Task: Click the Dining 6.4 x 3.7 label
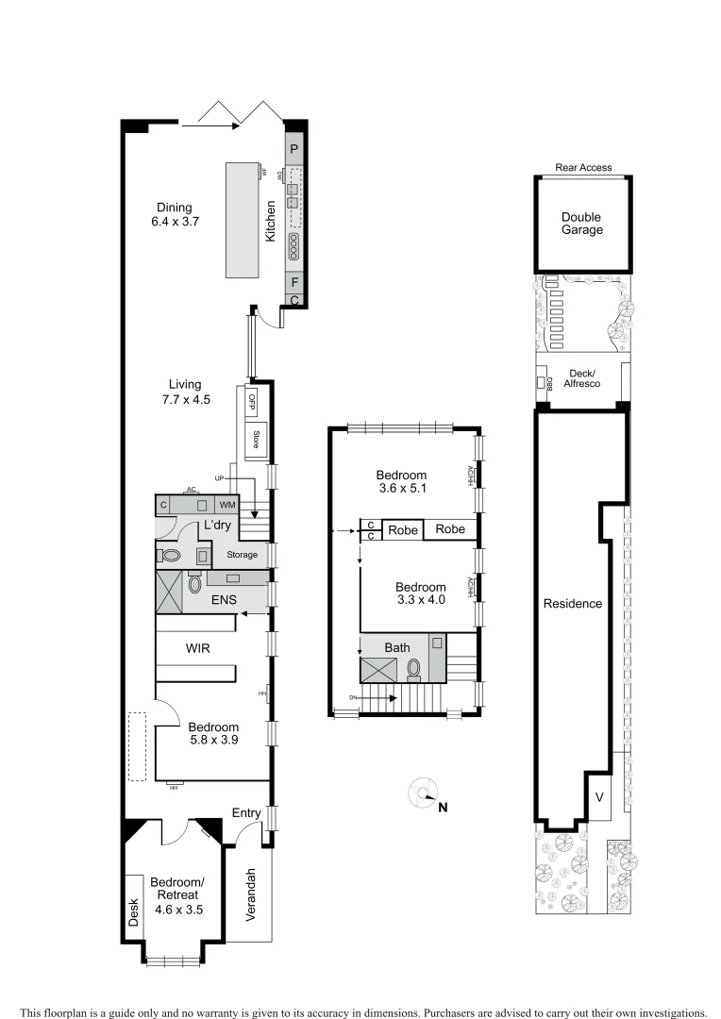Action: [x=171, y=215]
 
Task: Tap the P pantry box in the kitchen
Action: [x=294, y=149]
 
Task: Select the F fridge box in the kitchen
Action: [x=294, y=281]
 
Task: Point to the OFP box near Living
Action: [x=253, y=401]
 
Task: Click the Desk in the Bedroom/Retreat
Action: [x=134, y=910]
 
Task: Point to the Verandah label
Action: [x=250, y=894]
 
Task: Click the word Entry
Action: [x=246, y=812]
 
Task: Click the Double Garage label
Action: [x=582, y=223]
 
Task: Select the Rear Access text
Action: [x=583, y=168]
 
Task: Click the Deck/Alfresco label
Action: [x=582, y=378]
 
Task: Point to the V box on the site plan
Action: [x=599, y=797]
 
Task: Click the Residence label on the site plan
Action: [x=572, y=603]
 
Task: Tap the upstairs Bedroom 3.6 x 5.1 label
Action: [x=401, y=482]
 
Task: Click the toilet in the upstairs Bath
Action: [x=413, y=669]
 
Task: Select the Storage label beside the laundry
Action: [x=242, y=555]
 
